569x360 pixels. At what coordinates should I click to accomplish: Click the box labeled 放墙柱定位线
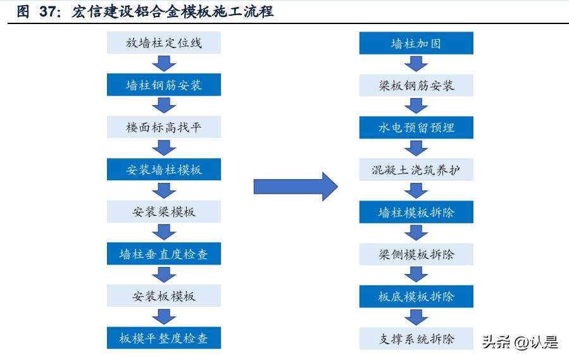(163, 43)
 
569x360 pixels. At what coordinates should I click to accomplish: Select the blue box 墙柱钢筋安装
(163, 85)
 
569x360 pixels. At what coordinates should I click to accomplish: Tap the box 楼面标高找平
(163, 127)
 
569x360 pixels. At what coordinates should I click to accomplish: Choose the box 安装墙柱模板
(163, 170)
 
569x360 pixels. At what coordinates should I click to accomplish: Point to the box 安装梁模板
(163, 211)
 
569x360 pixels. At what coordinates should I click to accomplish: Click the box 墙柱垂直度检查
(163, 254)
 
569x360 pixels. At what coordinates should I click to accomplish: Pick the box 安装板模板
(163, 296)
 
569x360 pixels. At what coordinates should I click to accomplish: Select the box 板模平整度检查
(163, 338)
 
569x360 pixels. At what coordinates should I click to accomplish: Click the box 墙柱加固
(416, 43)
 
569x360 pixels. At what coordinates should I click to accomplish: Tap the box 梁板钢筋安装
(416, 85)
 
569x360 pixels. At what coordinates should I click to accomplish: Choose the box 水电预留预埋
(416, 127)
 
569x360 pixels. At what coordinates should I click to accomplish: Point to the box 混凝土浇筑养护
(416, 170)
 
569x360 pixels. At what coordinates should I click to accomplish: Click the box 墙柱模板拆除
(416, 211)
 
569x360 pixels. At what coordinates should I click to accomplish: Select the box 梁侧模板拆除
(416, 254)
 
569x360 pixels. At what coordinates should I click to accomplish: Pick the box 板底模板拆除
(416, 296)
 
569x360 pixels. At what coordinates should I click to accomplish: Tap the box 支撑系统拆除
(416, 338)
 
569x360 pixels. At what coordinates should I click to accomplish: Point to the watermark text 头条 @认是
(520, 342)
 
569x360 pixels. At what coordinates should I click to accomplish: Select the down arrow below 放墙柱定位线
(163, 64)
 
